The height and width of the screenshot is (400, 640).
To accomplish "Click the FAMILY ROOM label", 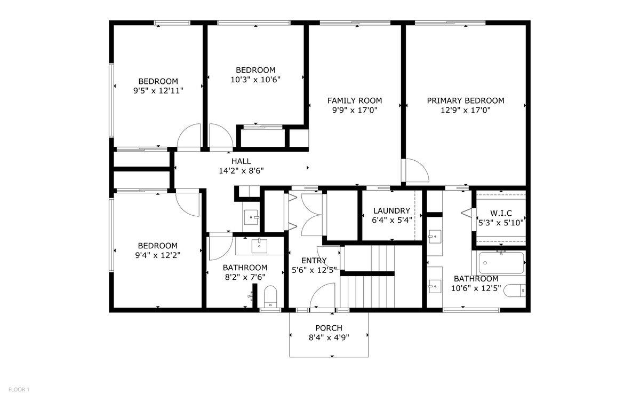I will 354,100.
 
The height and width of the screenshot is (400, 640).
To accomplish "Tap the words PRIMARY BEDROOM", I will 465,100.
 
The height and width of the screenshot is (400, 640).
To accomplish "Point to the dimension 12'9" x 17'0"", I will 465,111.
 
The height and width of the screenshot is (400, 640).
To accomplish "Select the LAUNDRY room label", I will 391,211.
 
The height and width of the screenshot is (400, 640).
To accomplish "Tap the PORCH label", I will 329,328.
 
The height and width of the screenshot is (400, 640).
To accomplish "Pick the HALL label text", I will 241,161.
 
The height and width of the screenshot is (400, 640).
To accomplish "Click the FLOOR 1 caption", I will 19,389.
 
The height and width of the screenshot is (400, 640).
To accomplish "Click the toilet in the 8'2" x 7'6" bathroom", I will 271,296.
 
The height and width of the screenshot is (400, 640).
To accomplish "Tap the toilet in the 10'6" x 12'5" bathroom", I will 515,291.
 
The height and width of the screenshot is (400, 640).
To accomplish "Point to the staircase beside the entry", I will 368,278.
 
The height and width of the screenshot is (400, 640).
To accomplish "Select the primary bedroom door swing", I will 416,171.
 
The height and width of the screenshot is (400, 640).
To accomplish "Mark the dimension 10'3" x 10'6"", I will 255,80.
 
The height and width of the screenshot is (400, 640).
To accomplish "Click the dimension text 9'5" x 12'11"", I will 158,91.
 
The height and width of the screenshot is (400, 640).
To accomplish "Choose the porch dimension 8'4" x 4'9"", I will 329,338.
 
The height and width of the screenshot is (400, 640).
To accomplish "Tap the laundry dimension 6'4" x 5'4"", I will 391,221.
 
